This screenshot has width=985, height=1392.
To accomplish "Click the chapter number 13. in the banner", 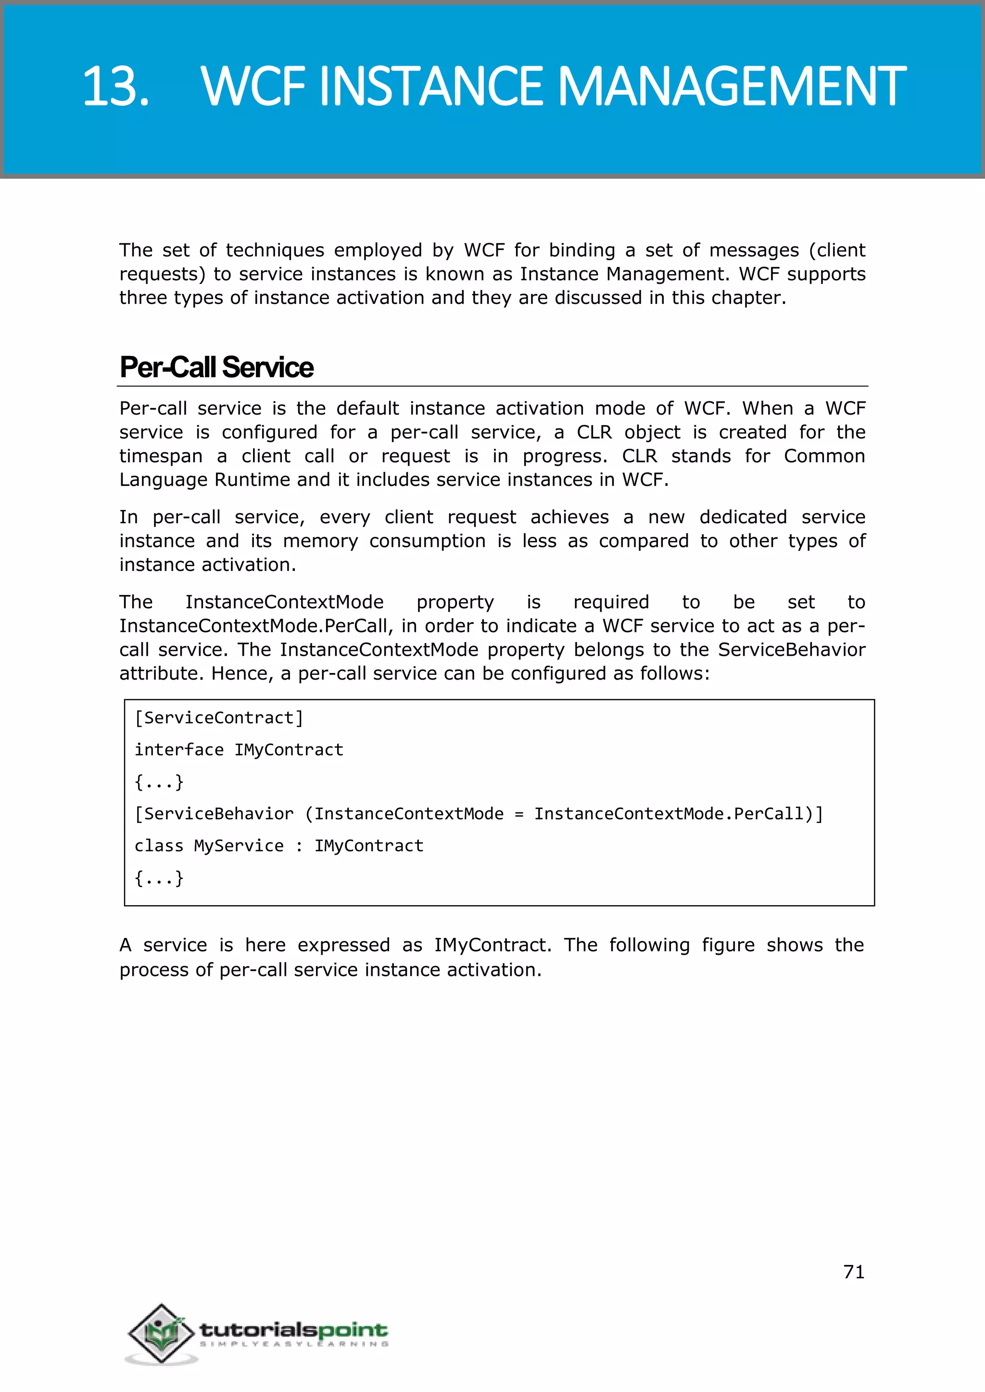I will coord(116,86).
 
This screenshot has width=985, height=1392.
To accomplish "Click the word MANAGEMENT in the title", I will coord(732,86).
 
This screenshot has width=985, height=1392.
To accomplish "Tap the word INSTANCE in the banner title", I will coord(430,86).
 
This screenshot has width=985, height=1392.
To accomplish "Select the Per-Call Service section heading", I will coord(216,367).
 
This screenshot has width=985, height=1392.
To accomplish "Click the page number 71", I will coord(853,1271).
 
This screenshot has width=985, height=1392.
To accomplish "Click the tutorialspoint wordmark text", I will coord(293,1330).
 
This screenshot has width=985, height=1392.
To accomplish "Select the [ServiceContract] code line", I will coord(218,718).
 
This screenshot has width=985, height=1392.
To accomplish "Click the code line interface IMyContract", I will coord(239,750).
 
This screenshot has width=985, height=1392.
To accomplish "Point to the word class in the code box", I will coord(158,846).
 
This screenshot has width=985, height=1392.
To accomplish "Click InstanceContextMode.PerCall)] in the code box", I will coord(678,813).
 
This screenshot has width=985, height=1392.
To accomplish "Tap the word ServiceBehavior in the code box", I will coord(218,813).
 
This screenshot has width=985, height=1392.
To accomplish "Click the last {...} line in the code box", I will coord(159,878).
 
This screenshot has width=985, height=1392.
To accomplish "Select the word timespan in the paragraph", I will coord(161,456).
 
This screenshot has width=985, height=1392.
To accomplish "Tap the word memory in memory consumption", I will coord(320,541).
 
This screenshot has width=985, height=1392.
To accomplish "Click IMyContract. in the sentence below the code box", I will coord(492,945).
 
